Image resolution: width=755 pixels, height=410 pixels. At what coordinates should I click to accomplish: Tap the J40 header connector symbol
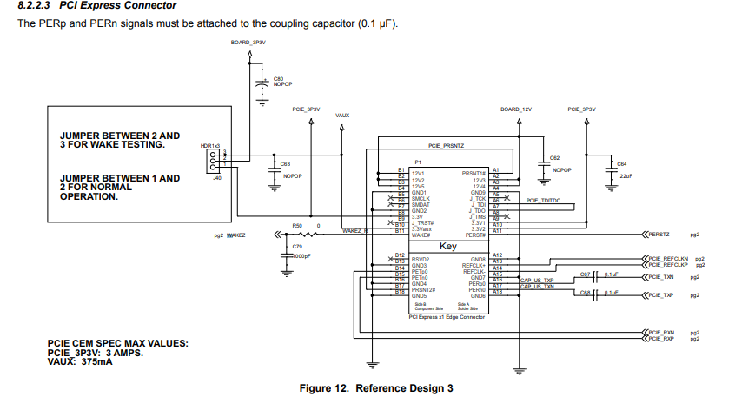[213, 162]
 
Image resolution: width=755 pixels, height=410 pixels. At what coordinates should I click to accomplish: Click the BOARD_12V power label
[515, 109]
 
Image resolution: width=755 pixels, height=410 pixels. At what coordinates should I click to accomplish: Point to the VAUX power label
[342, 115]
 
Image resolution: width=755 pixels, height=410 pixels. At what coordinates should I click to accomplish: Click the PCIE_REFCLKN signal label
[667, 259]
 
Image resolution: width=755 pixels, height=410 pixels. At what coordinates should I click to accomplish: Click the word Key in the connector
[447, 247]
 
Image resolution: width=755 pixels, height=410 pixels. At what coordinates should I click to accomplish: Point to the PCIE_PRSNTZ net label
[447, 146]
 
